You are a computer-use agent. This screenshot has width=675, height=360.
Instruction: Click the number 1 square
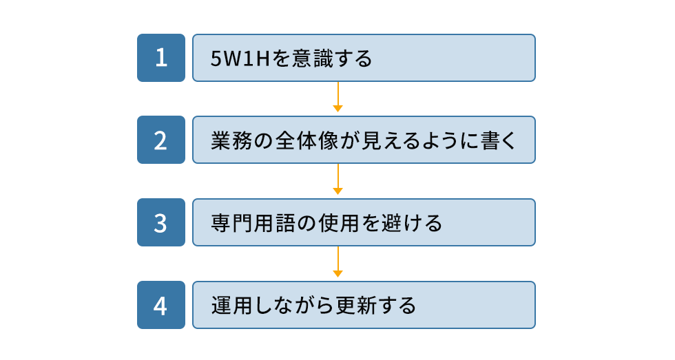coord(161,58)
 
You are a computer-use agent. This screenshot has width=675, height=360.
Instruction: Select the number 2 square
coord(161,140)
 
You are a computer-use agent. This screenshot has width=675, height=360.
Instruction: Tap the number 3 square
coord(161,222)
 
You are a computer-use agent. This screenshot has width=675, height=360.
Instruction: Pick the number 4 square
coord(161,305)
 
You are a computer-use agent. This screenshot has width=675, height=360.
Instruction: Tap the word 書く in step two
coord(497,140)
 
